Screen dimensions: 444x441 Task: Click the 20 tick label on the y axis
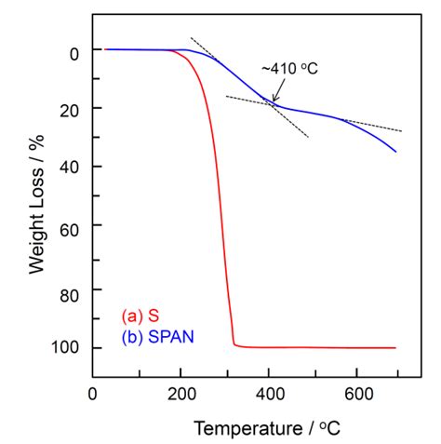click(68, 110)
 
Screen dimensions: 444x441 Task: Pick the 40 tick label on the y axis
click(68, 168)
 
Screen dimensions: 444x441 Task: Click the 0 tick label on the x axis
click(92, 394)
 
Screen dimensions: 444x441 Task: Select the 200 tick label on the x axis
click(181, 394)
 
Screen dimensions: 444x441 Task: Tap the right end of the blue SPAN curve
click(395, 152)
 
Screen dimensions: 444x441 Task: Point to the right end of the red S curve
click(395, 347)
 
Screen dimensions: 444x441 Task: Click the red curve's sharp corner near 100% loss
click(234, 344)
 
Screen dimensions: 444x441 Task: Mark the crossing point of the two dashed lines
click(273, 104)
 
